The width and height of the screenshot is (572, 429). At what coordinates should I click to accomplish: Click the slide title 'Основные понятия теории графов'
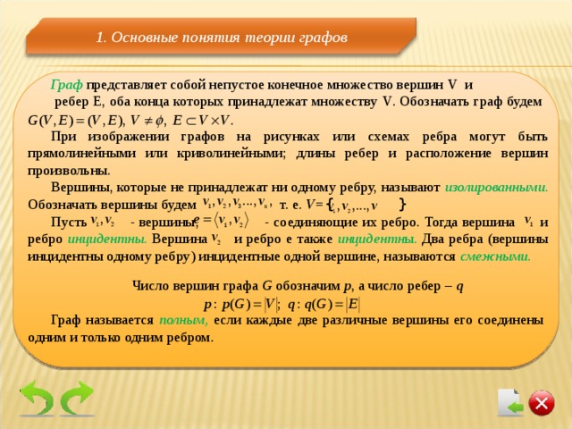221,38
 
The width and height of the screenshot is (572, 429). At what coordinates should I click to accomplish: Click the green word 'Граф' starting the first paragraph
67,85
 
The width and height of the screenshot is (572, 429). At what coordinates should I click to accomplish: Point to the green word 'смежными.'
495,256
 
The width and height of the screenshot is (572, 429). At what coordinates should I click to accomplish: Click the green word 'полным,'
184,320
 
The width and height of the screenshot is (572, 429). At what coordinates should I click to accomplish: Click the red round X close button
541,404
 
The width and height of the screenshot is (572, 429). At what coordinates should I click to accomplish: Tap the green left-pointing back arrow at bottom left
37,400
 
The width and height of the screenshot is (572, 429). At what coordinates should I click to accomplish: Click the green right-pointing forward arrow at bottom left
77,400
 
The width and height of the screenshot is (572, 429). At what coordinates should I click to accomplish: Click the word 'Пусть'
69,222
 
